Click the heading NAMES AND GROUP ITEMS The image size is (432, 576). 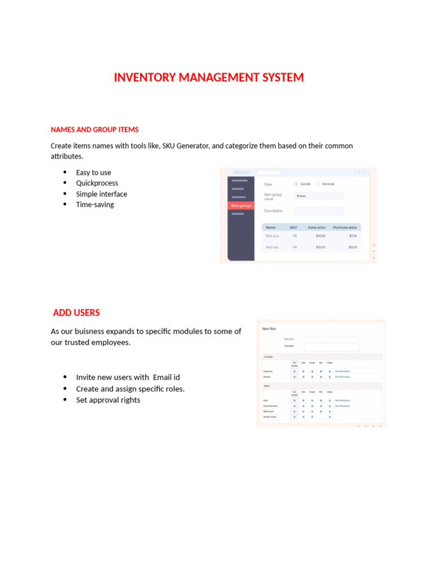pos(94,129)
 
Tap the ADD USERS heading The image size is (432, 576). pos(76,313)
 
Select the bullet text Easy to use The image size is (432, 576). pos(93,173)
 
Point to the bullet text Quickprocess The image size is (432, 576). pos(97,183)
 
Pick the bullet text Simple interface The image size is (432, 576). pos(101,194)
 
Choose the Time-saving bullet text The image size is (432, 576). pos(94,205)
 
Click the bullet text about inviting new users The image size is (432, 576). pos(128,377)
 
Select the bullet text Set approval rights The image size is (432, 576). pos(108,400)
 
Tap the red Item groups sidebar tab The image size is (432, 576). pos(241,206)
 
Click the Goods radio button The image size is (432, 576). pos(297,184)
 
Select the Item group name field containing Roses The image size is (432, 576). pos(318,196)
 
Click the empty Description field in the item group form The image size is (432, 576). pos(318,211)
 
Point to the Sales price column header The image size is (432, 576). pos(316,227)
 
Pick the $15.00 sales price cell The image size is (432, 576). pos(321,247)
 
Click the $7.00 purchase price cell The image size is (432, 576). pos(353,236)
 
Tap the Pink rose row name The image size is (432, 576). pos(272,236)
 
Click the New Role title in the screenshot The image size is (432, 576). pos(269,328)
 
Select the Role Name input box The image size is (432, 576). pos(331,339)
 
